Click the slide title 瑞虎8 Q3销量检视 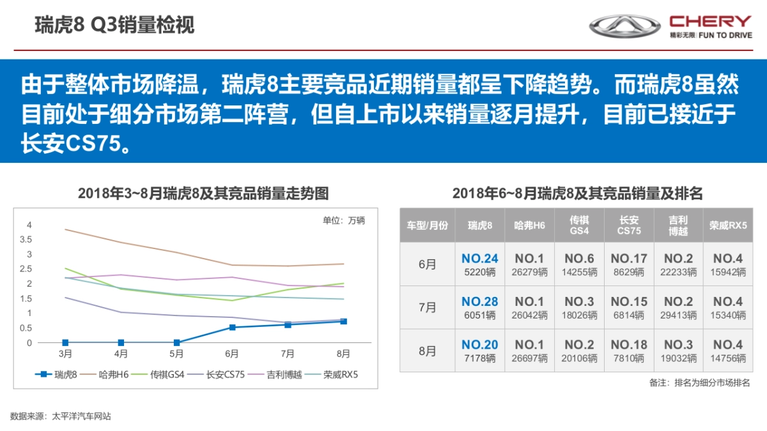click(x=114, y=25)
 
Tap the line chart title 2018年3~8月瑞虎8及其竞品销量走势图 click(x=203, y=193)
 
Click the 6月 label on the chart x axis click(x=232, y=354)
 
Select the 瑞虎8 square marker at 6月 click(x=232, y=328)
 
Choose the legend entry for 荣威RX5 click(x=332, y=375)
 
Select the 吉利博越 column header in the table click(x=678, y=225)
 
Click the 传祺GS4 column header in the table click(x=579, y=225)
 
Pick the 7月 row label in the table click(x=427, y=307)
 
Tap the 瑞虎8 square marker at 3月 click(x=65, y=343)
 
